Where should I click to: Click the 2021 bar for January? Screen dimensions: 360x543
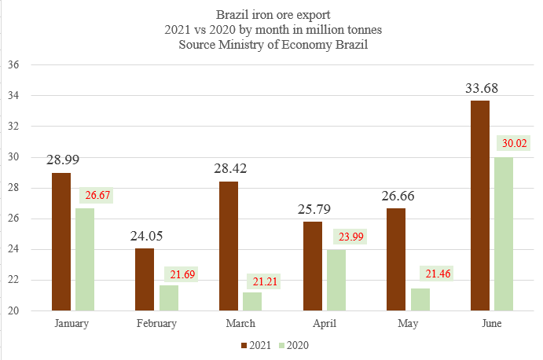tap(61, 241)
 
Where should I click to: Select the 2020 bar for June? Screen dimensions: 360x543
tap(503, 233)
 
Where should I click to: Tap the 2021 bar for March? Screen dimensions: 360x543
tap(229, 245)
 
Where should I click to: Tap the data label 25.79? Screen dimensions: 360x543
tap(314, 209)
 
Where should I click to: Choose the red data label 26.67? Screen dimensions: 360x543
tap(97, 195)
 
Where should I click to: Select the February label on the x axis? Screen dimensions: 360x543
tap(156, 323)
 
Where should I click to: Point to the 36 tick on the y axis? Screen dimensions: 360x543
tap(13, 64)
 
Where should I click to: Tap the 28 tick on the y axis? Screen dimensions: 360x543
tap(13, 188)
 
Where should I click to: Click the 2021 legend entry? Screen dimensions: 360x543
tap(257, 344)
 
